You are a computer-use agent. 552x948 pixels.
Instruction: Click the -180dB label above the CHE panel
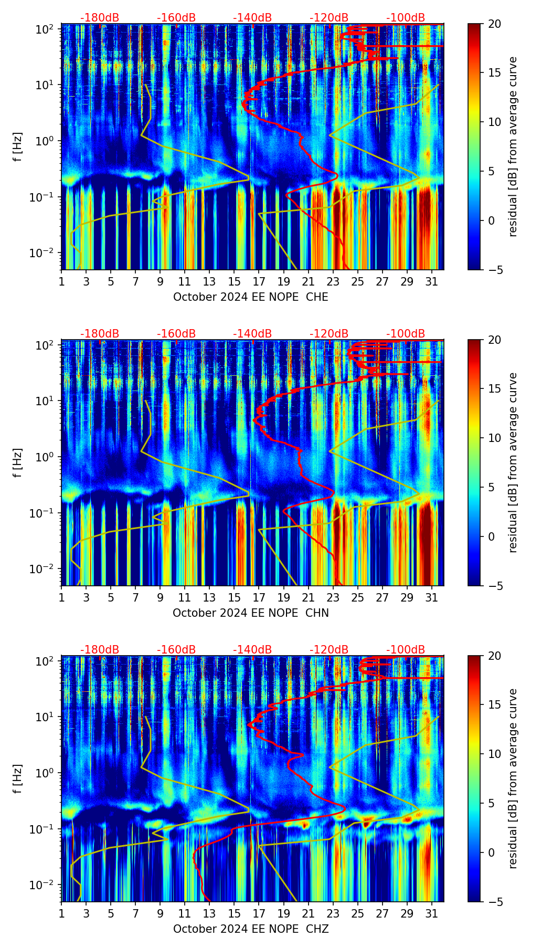(x=100, y=18)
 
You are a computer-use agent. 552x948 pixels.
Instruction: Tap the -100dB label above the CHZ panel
(x=406, y=650)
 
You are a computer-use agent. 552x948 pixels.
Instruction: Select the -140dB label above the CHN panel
(x=252, y=334)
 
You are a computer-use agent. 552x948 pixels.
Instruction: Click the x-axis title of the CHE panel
(x=250, y=297)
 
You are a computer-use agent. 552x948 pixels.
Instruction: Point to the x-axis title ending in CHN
(x=250, y=613)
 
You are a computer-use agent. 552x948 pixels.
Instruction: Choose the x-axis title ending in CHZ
(x=250, y=929)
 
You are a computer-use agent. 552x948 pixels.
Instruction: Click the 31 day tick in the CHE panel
(x=432, y=282)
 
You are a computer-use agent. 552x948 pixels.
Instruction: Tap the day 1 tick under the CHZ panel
(x=62, y=914)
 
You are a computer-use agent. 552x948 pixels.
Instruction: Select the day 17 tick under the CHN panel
(x=259, y=598)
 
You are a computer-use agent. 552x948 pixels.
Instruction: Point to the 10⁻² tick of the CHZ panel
(x=42, y=885)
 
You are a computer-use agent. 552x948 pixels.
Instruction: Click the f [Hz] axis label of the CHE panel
(x=18, y=147)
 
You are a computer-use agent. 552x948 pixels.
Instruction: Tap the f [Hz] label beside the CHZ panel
(x=18, y=779)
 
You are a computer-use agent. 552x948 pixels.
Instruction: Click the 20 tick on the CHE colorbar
(x=494, y=24)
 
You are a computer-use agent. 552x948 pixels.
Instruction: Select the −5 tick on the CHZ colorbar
(x=494, y=902)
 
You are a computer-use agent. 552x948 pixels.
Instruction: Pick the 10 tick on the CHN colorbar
(x=494, y=438)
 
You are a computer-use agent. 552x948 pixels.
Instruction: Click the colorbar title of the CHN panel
(x=513, y=462)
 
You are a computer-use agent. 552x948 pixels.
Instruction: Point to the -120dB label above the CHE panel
(x=329, y=18)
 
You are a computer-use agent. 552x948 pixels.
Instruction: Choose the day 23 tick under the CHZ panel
(x=333, y=914)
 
